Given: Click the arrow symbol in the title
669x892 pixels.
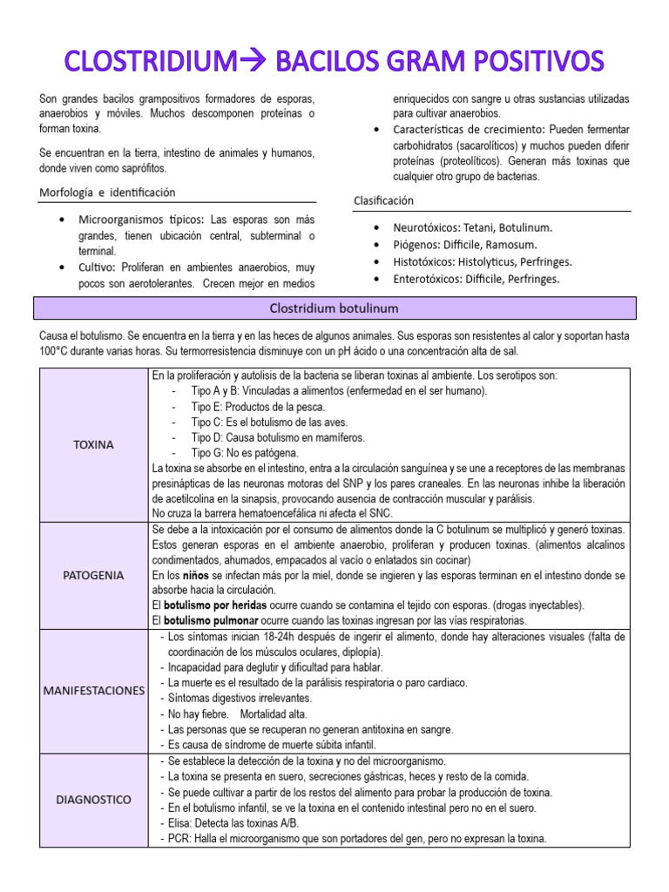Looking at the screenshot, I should (256, 62).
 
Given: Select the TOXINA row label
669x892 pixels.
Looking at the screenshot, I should (93, 444).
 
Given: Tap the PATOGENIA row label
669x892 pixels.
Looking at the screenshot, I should (93, 575).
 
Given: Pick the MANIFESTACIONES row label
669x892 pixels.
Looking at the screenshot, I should (93, 690).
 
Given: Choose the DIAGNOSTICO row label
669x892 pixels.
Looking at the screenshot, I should (93, 799).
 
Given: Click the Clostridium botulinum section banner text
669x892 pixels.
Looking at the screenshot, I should (334, 308).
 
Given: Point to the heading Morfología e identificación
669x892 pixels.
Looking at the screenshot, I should (107, 192).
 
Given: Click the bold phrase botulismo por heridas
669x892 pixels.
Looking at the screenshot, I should (212, 605).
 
